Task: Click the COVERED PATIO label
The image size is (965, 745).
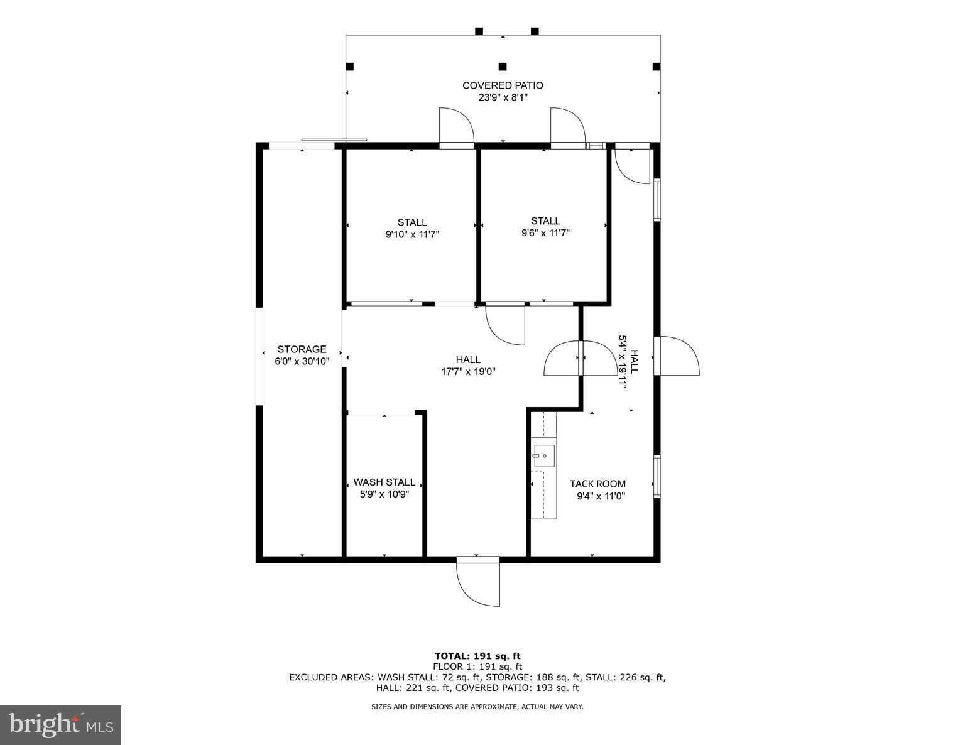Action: [x=503, y=85]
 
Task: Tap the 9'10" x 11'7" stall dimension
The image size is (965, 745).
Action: [x=412, y=234]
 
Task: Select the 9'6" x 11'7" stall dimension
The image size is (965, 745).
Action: [x=545, y=233]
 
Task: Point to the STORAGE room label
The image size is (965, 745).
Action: [x=302, y=349]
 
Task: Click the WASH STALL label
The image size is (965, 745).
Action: [x=384, y=482]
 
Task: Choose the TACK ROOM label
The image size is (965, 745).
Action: [x=597, y=484]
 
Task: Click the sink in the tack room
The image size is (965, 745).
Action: [x=543, y=455]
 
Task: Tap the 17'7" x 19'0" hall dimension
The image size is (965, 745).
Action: [x=468, y=371]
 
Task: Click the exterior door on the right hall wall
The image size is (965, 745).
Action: [x=677, y=356]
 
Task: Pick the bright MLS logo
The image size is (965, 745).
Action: [x=61, y=725]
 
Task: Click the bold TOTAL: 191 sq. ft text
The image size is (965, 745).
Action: [x=477, y=656]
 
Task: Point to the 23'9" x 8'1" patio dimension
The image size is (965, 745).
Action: [x=503, y=97]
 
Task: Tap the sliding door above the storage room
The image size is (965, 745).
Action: [x=334, y=140]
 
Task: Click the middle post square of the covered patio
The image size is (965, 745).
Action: [x=502, y=67]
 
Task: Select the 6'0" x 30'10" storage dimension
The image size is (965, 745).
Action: [x=302, y=361]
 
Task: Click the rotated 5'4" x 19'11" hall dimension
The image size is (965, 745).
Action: [x=623, y=362]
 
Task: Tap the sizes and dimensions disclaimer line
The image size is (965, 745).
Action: [x=477, y=707]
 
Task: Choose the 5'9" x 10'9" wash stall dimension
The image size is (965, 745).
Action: [x=384, y=494]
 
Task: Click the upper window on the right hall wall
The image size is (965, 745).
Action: [x=657, y=200]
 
